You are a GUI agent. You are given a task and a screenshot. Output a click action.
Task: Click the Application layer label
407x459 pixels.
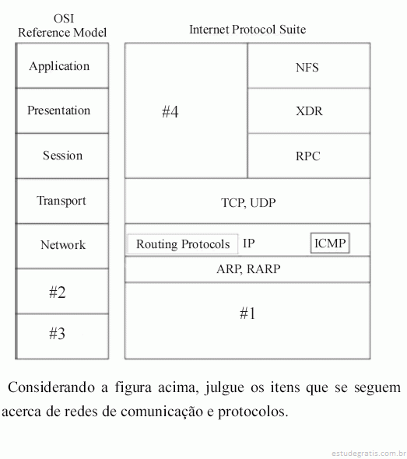coord(59,67)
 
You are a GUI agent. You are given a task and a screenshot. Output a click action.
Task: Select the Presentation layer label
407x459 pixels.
coord(59,110)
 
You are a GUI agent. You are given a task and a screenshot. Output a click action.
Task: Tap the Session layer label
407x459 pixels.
coord(63,156)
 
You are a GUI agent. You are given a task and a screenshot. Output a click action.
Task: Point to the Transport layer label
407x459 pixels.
coord(61,201)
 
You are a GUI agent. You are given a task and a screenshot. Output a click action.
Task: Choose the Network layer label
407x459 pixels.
coord(63,245)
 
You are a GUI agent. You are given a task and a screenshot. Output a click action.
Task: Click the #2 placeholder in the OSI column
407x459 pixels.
coord(58,293)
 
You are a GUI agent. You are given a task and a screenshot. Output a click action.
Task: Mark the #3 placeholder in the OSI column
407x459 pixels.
coord(57,334)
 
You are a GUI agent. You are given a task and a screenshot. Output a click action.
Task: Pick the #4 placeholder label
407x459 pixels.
coord(170,111)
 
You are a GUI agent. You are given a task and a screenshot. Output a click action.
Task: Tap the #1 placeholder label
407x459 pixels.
coord(247,314)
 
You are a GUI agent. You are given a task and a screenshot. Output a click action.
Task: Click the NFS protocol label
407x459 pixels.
coord(307,68)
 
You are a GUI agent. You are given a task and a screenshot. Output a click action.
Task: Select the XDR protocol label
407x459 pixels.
coord(309,111)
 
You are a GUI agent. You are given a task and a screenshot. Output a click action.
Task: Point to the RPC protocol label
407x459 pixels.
coord(307,156)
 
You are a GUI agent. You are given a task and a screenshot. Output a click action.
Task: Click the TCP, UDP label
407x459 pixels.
coord(248,203)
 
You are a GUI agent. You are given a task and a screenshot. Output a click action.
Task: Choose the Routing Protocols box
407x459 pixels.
coord(183,244)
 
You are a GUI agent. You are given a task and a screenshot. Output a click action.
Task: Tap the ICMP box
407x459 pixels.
coord(330,243)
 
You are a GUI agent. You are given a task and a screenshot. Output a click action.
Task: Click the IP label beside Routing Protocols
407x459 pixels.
coord(249,244)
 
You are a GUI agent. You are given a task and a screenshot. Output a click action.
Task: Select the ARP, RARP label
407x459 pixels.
coord(248,269)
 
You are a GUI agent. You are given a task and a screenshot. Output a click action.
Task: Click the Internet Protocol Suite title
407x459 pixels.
coord(247,30)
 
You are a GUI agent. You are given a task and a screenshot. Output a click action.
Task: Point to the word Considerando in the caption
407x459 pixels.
coord(51,387)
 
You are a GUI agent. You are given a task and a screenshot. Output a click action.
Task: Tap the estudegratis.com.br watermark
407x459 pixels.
coord(369,454)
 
